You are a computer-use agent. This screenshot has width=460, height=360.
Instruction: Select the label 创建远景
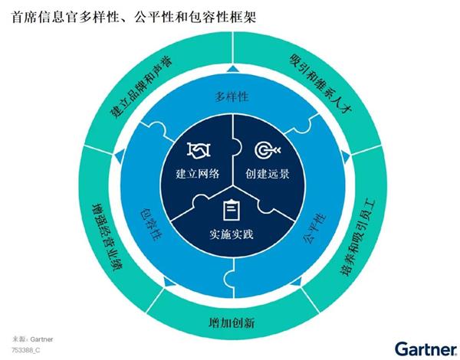coord(268,174)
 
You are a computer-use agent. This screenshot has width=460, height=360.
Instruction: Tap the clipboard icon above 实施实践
coord(230,208)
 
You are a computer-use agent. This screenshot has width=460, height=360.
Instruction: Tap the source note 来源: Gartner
coord(33,338)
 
